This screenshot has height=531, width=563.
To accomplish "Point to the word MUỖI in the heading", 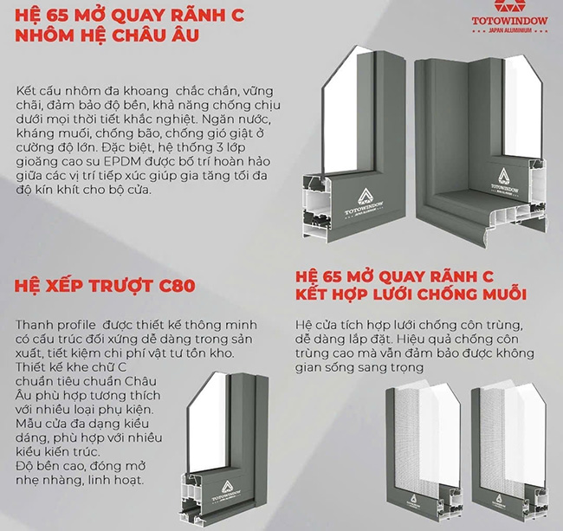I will [502, 295].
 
